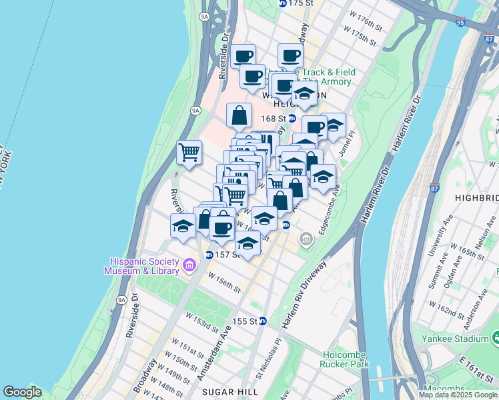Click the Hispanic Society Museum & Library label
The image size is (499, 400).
[141, 265]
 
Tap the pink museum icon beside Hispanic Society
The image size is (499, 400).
[189, 266]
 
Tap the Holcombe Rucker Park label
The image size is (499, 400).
[346, 359]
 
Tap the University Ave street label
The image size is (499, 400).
[441, 243]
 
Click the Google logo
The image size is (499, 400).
[22, 392]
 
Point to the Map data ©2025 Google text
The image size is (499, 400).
[457, 395]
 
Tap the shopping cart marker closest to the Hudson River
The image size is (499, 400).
[189, 152]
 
